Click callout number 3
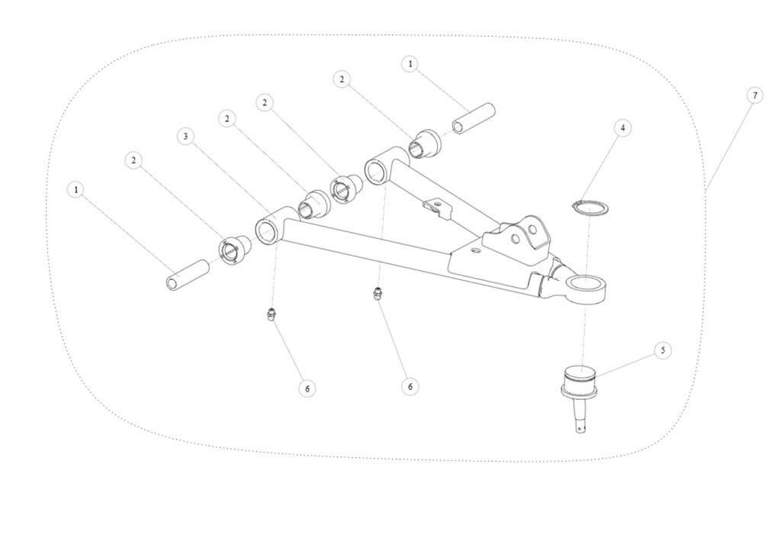(185, 136)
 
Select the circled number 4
(622, 128)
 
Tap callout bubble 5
(663, 350)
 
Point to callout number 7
(754, 95)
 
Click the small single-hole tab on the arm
(435, 208)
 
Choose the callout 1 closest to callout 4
(410, 64)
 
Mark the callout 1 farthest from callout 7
(76, 190)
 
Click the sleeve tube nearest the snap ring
(473, 118)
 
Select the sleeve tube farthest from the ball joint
(188, 276)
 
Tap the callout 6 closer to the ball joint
(410, 386)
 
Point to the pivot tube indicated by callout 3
(271, 227)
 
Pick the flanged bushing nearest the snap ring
(424, 144)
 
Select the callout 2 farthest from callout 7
(133, 160)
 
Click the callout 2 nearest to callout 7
(342, 79)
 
